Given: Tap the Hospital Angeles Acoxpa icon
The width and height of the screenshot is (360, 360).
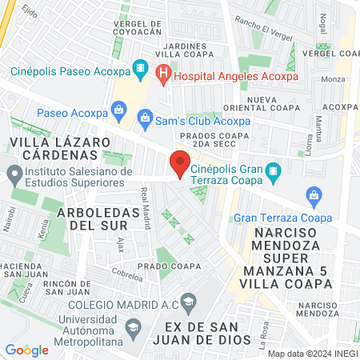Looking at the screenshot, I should pos(163,75).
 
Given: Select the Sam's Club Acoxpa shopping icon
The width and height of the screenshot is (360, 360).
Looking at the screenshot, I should pos(145,121).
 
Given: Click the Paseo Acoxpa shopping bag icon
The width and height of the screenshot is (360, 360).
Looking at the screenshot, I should pos(119,107).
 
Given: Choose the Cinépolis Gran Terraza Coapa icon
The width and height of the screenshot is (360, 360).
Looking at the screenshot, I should pos(273,170).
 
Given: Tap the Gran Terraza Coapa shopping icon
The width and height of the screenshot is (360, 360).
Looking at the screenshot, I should pos(314,194).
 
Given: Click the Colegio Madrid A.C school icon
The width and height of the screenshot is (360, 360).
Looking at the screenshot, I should pos(188,302).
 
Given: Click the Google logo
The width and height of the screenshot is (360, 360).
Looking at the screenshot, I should pos(26,350).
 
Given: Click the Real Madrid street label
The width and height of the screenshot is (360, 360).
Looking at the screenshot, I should pos(146,208).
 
